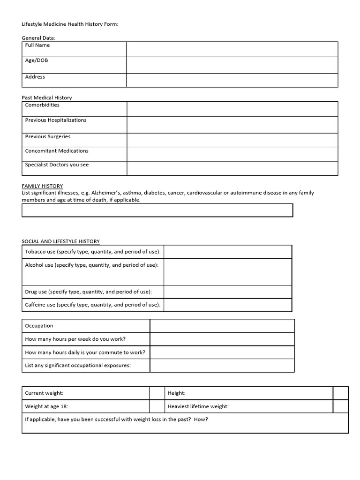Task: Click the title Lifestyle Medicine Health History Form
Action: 70,24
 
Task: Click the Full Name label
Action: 37,45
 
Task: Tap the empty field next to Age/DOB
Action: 232,65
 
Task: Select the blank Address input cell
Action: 232,80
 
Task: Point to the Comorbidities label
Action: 42,105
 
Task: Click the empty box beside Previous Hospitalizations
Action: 232,125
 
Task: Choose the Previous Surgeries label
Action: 48,137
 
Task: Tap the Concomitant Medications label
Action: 57,151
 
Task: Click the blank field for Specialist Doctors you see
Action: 232,168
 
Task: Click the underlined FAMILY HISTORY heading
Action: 42,186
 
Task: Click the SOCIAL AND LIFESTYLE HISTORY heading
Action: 61,241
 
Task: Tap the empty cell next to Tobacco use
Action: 227,252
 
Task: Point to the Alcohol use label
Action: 91,265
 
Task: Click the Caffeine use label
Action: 93,305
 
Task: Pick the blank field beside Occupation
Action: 222,326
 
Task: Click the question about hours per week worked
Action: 75,339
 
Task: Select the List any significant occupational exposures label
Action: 78,365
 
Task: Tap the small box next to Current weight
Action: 156,393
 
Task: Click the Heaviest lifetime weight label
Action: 198,406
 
